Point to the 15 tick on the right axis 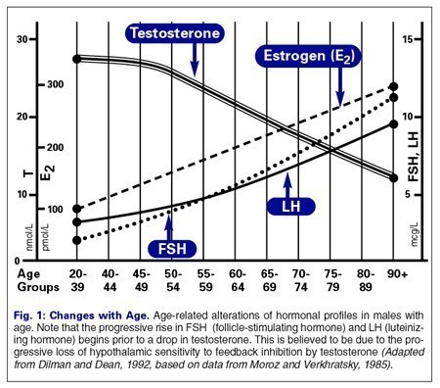pos(413,38)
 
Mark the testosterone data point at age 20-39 pos(77,59)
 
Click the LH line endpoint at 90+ pos(393,123)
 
